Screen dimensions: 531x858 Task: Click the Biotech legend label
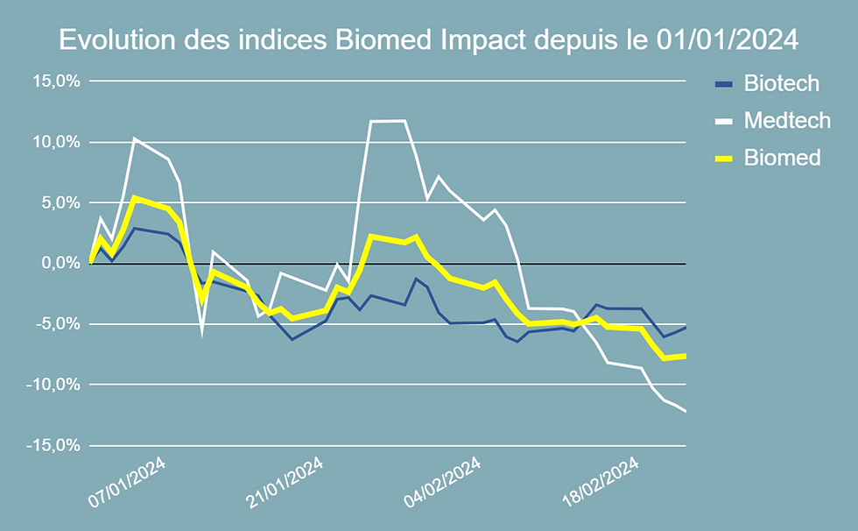(x=781, y=84)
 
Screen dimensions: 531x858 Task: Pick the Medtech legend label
(x=787, y=121)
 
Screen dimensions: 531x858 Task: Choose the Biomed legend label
(x=782, y=158)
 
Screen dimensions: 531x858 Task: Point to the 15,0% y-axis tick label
(x=57, y=81)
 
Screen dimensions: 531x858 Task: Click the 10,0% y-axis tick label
(x=57, y=142)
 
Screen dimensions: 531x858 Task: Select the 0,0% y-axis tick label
(x=60, y=264)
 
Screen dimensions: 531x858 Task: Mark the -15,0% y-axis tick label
(x=55, y=446)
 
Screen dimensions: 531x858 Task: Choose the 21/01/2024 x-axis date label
(x=285, y=480)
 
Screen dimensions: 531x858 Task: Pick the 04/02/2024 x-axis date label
(x=442, y=480)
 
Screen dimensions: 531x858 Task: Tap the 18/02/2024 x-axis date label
(x=599, y=480)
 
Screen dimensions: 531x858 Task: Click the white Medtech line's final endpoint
(x=686, y=411)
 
